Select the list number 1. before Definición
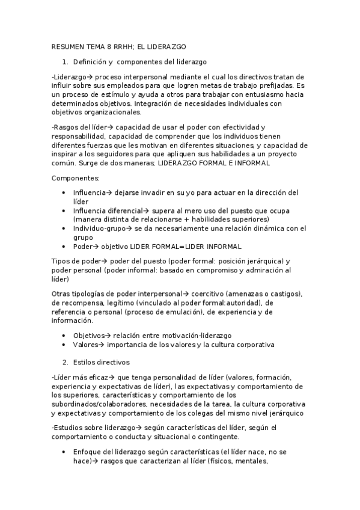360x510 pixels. (x=66, y=61)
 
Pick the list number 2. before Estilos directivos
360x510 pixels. (x=66, y=362)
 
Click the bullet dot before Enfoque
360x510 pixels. (x=64, y=452)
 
